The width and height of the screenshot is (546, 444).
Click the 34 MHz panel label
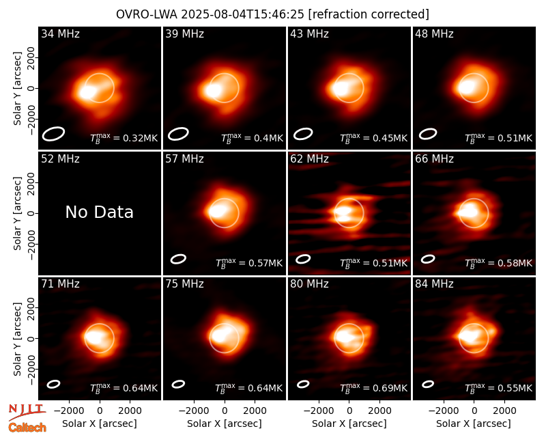[x=60, y=33]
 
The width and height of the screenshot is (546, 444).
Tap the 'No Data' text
[x=100, y=212]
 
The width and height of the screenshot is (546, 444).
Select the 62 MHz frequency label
[x=310, y=159]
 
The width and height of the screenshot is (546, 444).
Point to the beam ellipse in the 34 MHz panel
[x=54, y=134]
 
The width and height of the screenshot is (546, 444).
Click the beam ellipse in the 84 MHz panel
[x=428, y=384]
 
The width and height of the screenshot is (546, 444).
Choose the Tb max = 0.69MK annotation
[x=373, y=388]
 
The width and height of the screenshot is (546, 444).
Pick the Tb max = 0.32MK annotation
[x=124, y=138]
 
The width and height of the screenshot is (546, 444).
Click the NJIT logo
[x=27, y=411]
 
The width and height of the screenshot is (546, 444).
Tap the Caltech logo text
[x=27, y=428]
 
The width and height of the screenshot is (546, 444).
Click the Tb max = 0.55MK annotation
[x=499, y=388]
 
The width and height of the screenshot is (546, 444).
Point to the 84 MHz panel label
[x=434, y=284]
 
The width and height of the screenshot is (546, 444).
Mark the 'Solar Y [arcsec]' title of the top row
[x=17, y=89]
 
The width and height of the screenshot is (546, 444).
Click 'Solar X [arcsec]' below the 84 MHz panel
[x=474, y=424]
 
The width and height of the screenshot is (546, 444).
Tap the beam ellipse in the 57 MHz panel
[x=178, y=259]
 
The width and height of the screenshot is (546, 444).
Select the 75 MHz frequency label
[x=184, y=284]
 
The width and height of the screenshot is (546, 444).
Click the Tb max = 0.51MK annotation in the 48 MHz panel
[x=499, y=138]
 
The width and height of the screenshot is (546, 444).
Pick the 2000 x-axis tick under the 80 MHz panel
[x=379, y=411]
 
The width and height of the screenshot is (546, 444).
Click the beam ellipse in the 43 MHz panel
[x=303, y=134]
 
